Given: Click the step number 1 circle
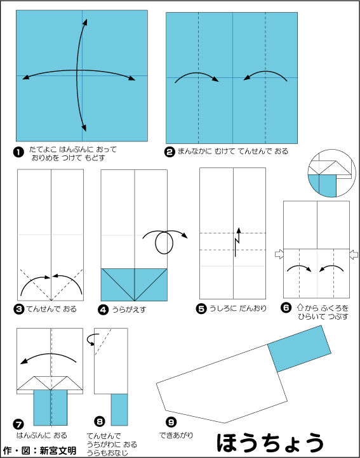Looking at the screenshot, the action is click(x=18, y=153).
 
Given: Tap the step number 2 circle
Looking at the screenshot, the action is click(x=170, y=152).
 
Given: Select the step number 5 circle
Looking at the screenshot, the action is click(x=201, y=309).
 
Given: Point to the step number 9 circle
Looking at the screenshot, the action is click(x=171, y=422).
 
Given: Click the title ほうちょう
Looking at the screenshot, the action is click(x=270, y=443).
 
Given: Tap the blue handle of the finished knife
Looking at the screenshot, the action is click(x=299, y=348).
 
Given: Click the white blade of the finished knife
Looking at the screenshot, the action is click(x=222, y=384).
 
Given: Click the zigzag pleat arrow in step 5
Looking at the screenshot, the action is click(x=237, y=242).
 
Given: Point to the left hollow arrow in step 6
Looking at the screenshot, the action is click(x=279, y=254).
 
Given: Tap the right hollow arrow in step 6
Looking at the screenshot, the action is click(x=354, y=254).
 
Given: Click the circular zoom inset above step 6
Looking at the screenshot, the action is click(x=331, y=173).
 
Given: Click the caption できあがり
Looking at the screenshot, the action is click(x=177, y=435).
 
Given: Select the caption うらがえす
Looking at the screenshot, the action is click(x=129, y=310).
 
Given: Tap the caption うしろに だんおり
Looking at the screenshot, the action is click(x=238, y=308).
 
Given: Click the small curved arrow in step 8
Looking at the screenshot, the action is click(x=90, y=339).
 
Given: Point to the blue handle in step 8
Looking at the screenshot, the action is click(x=119, y=410).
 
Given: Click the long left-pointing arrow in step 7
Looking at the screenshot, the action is click(x=48, y=358).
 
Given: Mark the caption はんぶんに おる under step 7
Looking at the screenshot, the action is click(x=41, y=435).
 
